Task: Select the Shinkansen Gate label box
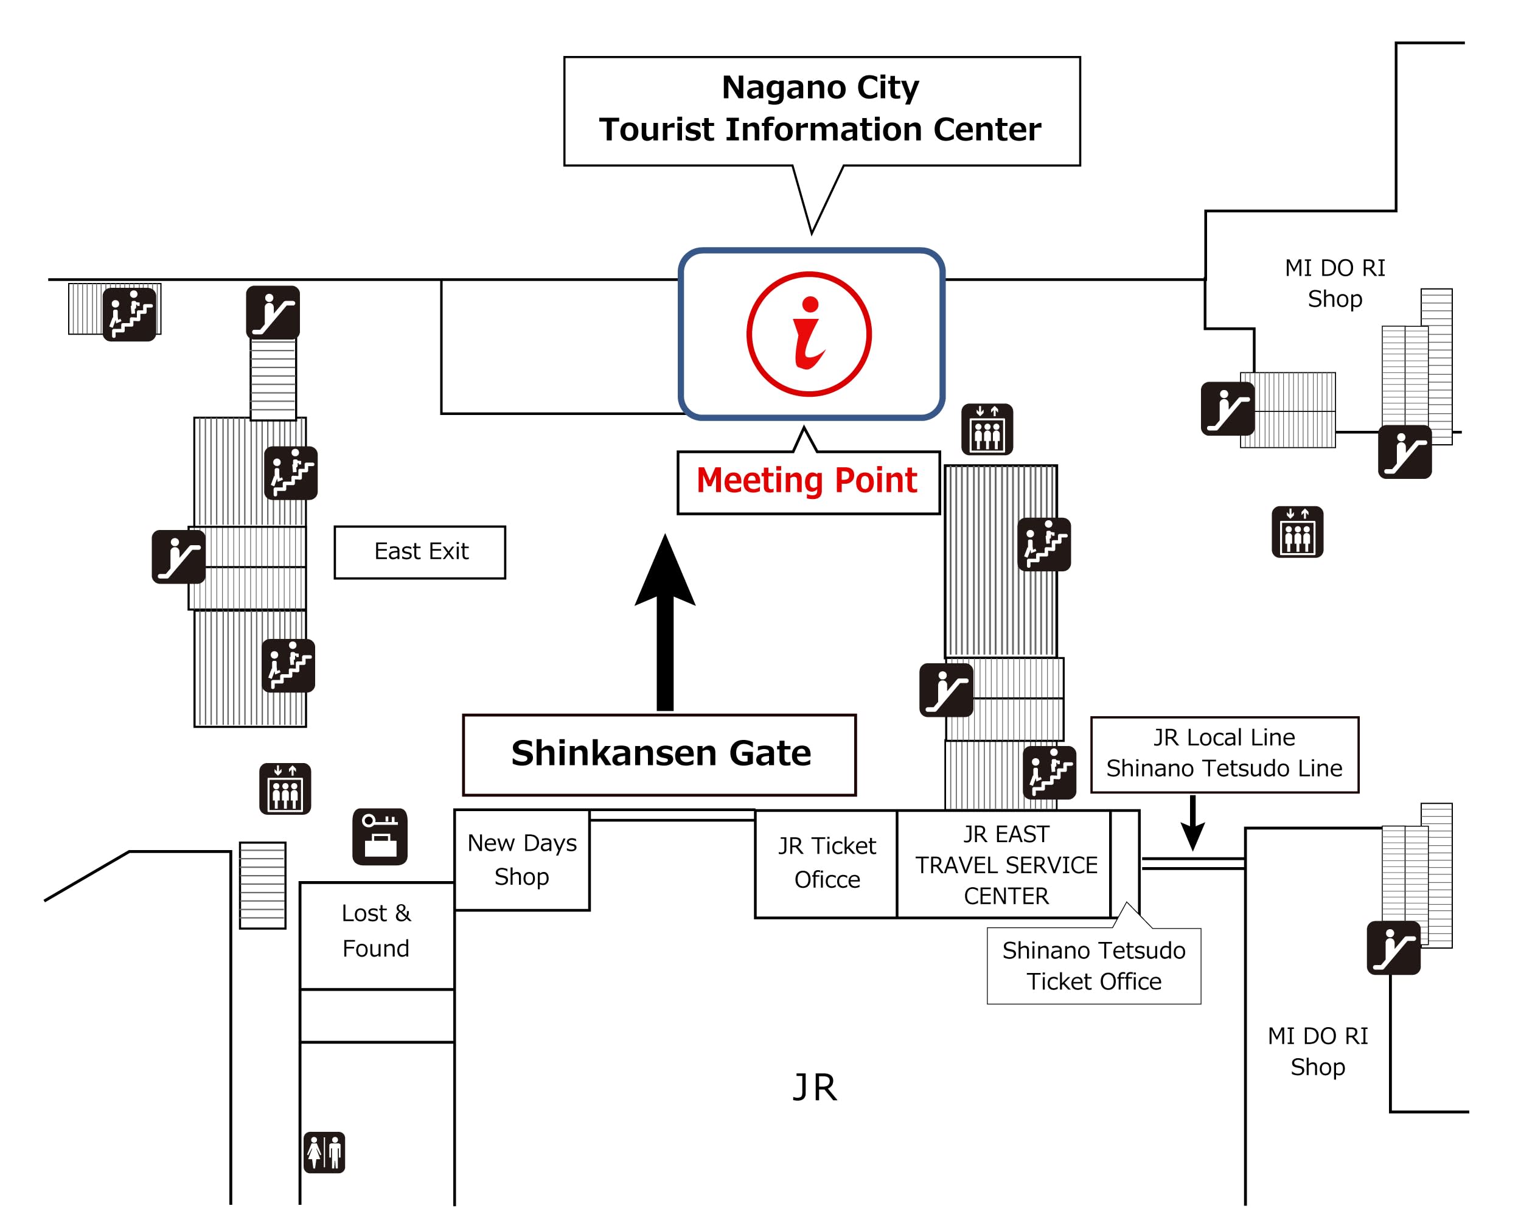[660, 753]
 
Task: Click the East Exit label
[420, 552]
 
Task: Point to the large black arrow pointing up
[664, 621]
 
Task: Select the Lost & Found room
[376, 931]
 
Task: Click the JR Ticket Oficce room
[826, 863]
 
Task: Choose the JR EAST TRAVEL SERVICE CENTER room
[1005, 864]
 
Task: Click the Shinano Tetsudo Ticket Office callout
[1093, 966]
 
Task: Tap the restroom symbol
[324, 1152]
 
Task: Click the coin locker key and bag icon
[380, 836]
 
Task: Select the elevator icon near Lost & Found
[285, 789]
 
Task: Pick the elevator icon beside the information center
[987, 429]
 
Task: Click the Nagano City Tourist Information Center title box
[821, 110]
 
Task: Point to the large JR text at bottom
[815, 1087]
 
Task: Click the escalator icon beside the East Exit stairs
[178, 557]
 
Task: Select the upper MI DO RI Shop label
[1335, 283]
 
